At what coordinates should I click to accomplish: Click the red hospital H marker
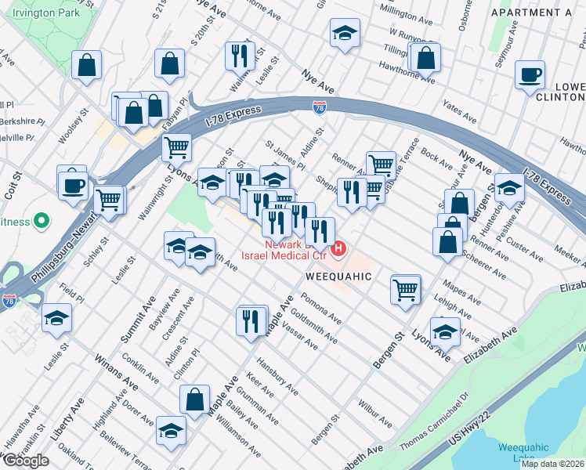338,250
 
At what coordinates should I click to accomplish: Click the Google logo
26,461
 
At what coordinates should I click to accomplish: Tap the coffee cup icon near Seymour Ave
530,75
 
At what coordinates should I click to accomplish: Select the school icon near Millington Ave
343,34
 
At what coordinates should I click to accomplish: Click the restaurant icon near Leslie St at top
237,55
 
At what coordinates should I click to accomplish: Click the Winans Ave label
108,366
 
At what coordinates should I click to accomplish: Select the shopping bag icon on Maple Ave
194,399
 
